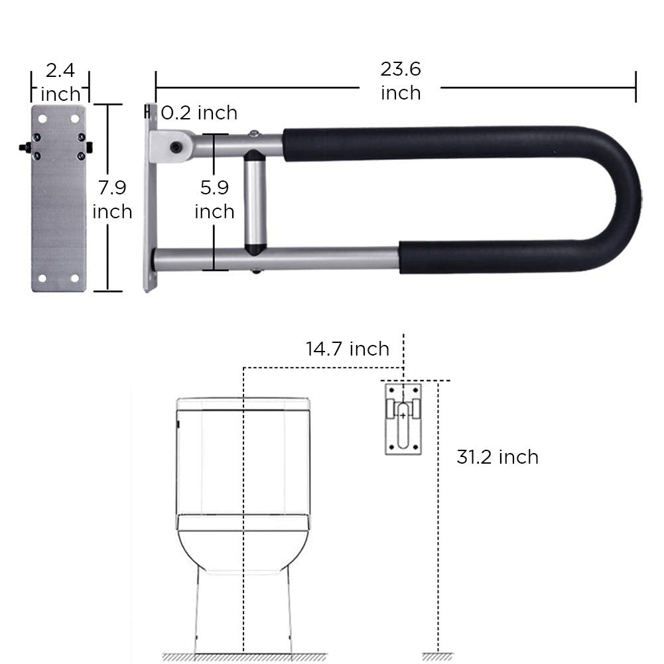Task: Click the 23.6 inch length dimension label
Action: pos(401,81)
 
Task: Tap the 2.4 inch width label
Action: pos(60,82)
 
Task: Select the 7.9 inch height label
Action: pos(111,200)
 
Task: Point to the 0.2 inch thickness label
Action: pos(199,113)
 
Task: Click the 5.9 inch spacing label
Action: pos(214,200)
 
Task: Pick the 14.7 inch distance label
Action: pos(348,349)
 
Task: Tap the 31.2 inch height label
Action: pos(498,457)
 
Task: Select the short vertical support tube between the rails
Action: pos(255,203)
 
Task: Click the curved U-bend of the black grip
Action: pos(620,199)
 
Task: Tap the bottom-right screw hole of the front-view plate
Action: pos(75,278)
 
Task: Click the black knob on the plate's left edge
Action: pos(24,146)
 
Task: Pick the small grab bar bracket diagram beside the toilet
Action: pos(403,418)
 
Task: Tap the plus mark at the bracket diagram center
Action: pos(403,415)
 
